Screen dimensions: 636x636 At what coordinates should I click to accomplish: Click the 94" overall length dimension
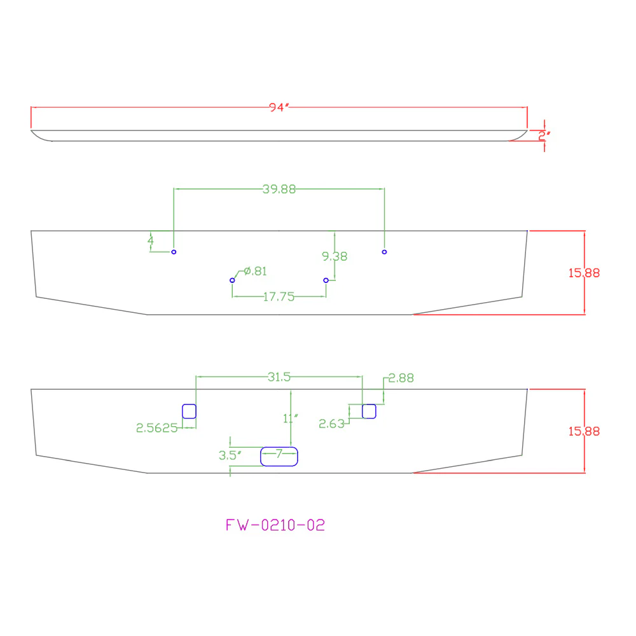279,107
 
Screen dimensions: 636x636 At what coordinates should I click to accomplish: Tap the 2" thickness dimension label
544,136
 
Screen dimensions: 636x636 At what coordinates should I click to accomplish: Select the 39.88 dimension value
279,189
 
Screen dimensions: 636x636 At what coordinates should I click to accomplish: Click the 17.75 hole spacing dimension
279,297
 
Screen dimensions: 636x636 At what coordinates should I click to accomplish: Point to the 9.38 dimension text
335,256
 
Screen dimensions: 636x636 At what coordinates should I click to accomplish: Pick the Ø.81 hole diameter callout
256,271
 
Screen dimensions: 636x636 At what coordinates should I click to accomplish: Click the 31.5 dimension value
279,377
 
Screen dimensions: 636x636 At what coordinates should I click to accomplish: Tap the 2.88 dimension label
401,378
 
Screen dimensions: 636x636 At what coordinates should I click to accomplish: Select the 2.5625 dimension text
156,428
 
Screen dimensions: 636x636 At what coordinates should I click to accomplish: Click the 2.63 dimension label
331,424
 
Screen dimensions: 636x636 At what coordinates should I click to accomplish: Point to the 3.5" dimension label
230,455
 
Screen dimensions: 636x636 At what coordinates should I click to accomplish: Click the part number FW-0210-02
275,525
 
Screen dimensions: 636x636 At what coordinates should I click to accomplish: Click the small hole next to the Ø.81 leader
232,280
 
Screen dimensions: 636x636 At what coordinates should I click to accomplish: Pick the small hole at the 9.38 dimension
326,280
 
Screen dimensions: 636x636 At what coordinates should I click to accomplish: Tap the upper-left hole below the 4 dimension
174,252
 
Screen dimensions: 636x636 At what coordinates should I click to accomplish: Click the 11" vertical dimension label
291,418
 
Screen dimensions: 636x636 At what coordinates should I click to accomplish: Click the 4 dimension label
151,240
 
